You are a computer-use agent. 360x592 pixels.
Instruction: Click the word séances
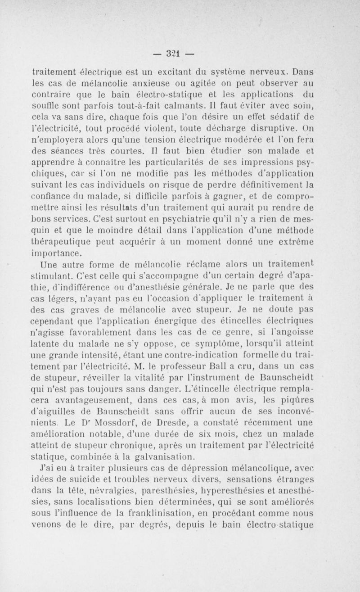91,154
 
